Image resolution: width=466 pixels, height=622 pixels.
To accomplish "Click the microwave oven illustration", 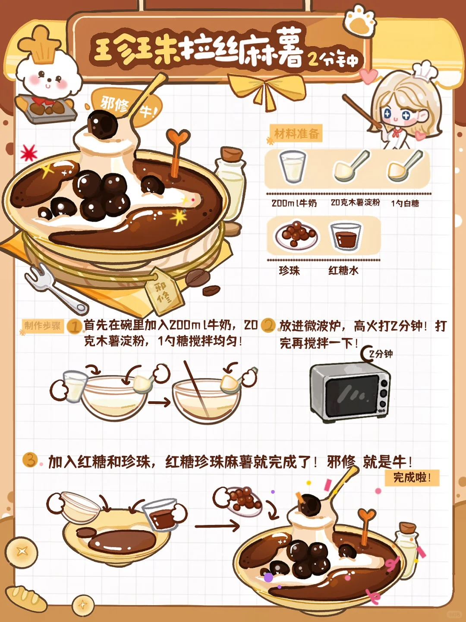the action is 350,393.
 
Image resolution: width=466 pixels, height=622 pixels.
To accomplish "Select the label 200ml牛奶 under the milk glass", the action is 294,203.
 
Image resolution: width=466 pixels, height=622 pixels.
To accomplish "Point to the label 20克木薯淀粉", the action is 355,203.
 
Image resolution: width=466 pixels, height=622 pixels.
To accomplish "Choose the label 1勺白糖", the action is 405,203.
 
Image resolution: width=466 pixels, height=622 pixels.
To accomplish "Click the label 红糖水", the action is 343,271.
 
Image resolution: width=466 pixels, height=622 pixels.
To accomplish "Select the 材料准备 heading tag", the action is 296,133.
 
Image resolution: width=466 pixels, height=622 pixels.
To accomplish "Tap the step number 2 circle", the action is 268,325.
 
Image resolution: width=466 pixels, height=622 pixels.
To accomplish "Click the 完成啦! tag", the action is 412,478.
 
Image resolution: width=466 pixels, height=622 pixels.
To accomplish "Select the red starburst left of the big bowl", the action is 28,153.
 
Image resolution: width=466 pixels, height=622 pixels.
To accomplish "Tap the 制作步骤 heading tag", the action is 43,326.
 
